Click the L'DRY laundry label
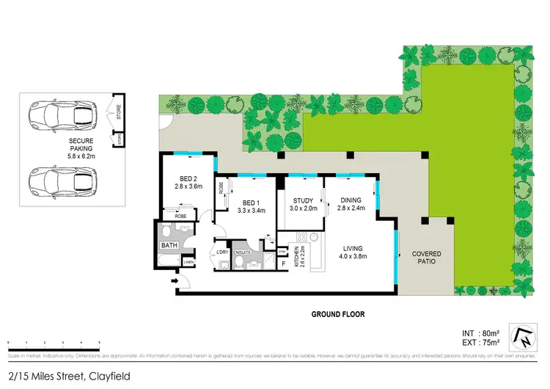pos(221,253)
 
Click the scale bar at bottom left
pos(54,344)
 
